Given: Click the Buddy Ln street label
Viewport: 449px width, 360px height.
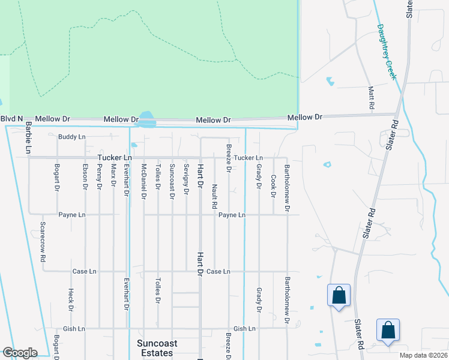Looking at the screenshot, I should point(72,137).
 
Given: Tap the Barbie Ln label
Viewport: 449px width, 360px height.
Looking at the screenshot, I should point(28,137).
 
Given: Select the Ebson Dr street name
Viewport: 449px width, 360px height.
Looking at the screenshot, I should point(85,177).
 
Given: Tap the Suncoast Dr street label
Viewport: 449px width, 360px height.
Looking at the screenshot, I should point(172,181).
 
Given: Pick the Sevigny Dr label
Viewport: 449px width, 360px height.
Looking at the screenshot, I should point(187,179).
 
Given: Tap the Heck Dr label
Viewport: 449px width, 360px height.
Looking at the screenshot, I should point(71,300).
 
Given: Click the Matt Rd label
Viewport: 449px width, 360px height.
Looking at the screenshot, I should point(372,97).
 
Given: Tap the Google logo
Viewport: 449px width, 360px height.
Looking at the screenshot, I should point(19,353).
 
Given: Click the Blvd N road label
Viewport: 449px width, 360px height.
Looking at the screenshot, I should point(11,119).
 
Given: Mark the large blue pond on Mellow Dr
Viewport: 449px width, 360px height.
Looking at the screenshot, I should point(146,118).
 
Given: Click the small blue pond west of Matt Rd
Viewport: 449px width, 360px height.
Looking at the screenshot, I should point(330,81).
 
